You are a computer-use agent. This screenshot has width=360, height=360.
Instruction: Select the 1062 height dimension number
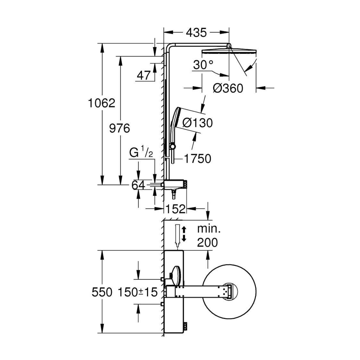(101, 103)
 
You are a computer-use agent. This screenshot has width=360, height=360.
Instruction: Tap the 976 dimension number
(120, 128)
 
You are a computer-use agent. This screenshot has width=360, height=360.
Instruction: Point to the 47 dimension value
(144, 76)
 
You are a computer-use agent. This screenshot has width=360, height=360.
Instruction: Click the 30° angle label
(203, 65)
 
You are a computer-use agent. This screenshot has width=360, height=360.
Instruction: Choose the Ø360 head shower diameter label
(228, 88)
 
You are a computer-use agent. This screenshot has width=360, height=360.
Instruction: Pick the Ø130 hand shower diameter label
(198, 123)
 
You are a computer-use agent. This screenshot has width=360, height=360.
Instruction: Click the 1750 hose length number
(198, 159)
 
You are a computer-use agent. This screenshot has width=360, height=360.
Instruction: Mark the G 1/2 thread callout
(141, 154)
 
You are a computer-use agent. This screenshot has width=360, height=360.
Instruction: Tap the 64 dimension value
(138, 185)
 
